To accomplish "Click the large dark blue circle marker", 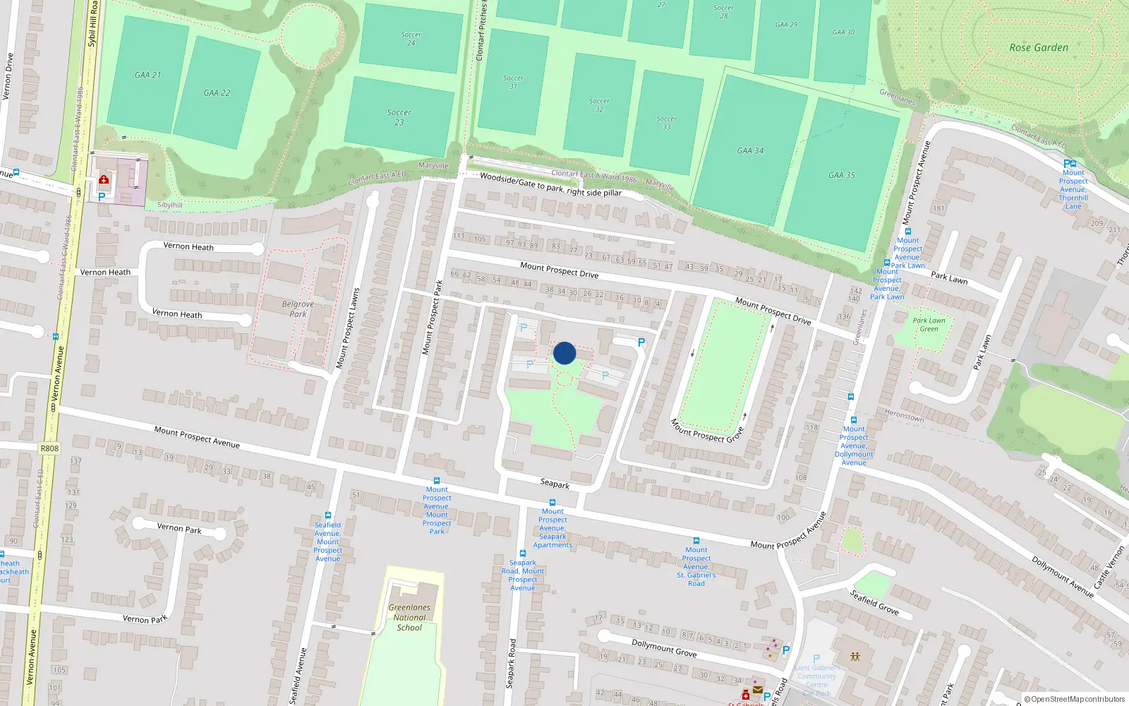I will (x=564, y=353).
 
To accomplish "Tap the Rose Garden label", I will (x=1039, y=48).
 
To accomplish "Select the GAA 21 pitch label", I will (x=147, y=75).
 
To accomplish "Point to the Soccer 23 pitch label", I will (x=399, y=117).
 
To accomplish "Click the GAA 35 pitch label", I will (x=841, y=175).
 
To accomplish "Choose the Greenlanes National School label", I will (x=409, y=617).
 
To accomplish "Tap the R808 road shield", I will (x=49, y=448).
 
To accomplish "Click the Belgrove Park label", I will (x=298, y=309).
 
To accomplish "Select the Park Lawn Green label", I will (x=929, y=325).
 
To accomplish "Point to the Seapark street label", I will (x=555, y=484).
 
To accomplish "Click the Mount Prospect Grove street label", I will (x=706, y=431).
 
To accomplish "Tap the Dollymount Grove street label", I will (x=664, y=648).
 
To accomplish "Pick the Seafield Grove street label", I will (x=874, y=602).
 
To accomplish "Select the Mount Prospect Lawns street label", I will (x=347, y=328).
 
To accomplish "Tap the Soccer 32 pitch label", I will (x=599, y=105).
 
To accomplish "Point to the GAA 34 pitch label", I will (x=750, y=150).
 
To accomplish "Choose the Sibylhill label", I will (x=169, y=205).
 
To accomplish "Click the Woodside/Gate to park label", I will (x=550, y=184).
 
